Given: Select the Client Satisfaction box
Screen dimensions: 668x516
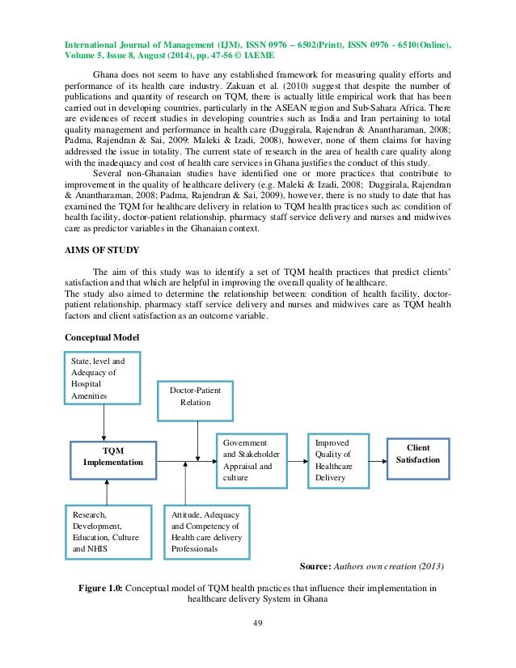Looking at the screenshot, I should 417,458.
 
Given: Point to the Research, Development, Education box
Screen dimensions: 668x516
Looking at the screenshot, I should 107,531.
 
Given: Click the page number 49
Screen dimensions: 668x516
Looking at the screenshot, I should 257,623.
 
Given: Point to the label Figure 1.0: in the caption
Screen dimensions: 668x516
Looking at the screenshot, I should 103,589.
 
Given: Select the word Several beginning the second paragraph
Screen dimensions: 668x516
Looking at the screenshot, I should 111,173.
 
